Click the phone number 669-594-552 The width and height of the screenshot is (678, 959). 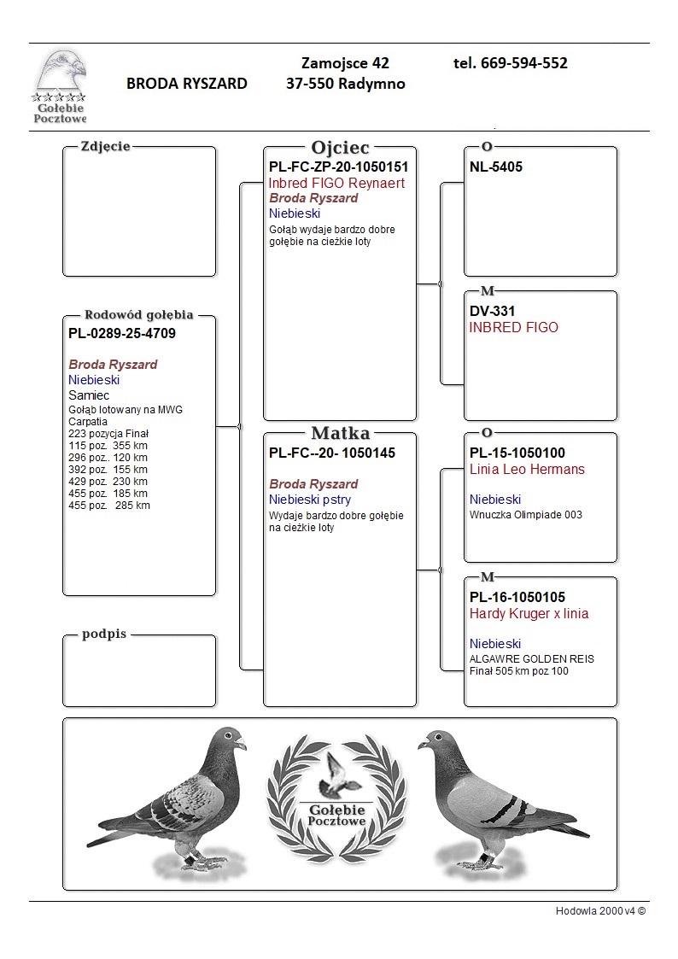click(x=511, y=63)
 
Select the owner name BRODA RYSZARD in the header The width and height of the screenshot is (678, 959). click(x=187, y=84)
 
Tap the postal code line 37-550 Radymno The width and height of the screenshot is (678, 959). click(x=346, y=84)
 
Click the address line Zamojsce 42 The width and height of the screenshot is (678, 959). click(x=346, y=63)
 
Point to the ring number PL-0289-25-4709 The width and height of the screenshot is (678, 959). click(x=122, y=334)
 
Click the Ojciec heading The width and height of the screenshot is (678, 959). click(x=340, y=148)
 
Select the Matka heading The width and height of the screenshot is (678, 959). click(x=340, y=433)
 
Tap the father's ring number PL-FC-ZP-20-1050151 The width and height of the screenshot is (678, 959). click(x=338, y=167)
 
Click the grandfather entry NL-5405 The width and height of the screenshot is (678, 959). click(x=496, y=167)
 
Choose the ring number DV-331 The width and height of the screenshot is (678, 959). click(x=493, y=312)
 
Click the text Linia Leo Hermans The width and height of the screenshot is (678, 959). click(x=527, y=470)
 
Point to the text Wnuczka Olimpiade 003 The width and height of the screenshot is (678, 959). click(x=526, y=515)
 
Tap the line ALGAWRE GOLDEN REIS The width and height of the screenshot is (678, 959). click(x=532, y=659)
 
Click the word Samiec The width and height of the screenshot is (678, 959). click(x=89, y=395)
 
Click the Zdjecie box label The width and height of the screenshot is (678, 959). click(x=105, y=146)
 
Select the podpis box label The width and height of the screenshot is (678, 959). click(x=104, y=635)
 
